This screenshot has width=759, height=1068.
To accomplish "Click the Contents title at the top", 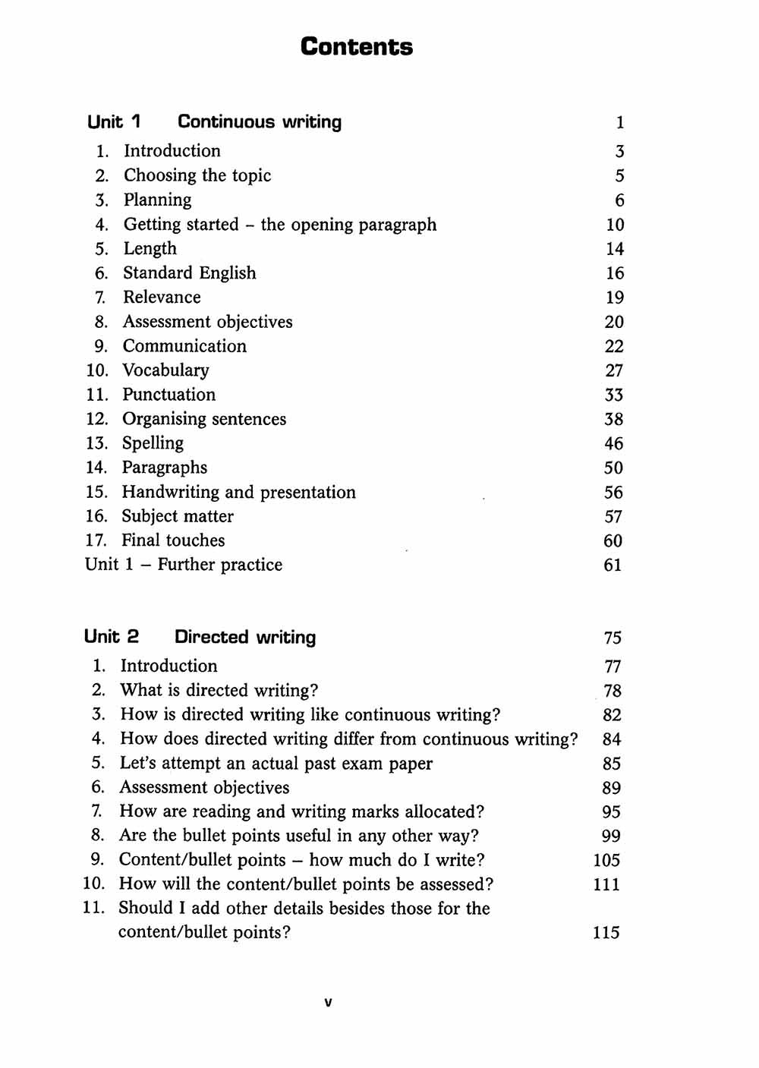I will pyautogui.click(x=357, y=46).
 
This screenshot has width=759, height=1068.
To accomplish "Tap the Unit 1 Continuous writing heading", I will pyautogui.click(x=214, y=121).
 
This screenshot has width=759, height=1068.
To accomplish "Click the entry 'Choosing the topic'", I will pyautogui.click(x=197, y=175).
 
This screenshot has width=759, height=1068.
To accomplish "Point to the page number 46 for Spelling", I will pyautogui.click(x=613, y=443).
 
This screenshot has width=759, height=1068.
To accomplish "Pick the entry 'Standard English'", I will pyautogui.click(x=190, y=273).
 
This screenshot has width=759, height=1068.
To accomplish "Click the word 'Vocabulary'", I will pyautogui.click(x=165, y=370).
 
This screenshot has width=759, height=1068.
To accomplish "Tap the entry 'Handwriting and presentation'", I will pyautogui.click(x=238, y=492).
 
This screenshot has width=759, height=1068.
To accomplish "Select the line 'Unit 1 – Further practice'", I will pyautogui.click(x=184, y=564).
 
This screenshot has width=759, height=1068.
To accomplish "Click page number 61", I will pyautogui.click(x=613, y=565).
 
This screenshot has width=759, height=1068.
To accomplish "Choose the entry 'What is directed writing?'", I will pyautogui.click(x=219, y=690).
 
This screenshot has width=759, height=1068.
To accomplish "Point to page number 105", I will pyautogui.click(x=606, y=860).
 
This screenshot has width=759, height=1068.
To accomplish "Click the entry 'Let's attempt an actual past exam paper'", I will pyautogui.click(x=276, y=763).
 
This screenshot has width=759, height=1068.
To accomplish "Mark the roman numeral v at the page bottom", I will pyautogui.click(x=328, y=1002).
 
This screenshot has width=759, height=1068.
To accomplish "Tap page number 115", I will pyautogui.click(x=606, y=932).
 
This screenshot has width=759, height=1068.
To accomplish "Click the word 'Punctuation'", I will pyautogui.click(x=168, y=394).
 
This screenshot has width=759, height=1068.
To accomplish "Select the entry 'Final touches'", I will pyautogui.click(x=173, y=540).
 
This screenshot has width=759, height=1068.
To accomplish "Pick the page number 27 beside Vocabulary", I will pyautogui.click(x=614, y=370).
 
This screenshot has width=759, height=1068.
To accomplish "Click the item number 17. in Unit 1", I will pyautogui.click(x=96, y=540).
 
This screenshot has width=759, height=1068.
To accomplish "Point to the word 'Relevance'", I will pyautogui.click(x=162, y=297).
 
